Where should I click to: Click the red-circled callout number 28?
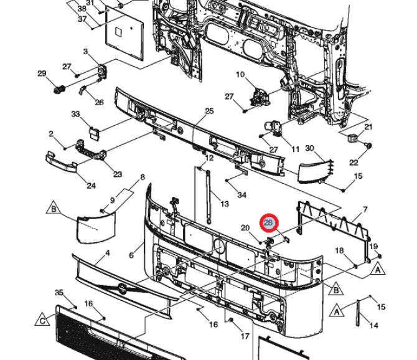click(x=269, y=222)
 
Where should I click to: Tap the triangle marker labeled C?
click(x=42, y=320)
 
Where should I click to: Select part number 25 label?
click(x=210, y=111)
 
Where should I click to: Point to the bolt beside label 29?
click(x=59, y=90)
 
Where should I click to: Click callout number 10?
click(x=240, y=75)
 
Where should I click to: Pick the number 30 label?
click(x=309, y=148)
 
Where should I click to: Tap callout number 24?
click(x=91, y=186)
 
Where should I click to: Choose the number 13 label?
click(x=225, y=204)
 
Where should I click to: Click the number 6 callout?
click(x=131, y=255)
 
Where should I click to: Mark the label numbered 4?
click(x=108, y=253)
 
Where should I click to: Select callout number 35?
click(x=59, y=293)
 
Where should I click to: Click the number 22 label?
click(x=354, y=162)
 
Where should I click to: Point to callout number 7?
click(x=365, y=210)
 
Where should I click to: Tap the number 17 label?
click(x=245, y=336)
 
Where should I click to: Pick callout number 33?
click(x=75, y=114)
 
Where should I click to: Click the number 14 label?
click(x=374, y=325)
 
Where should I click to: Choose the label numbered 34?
click(x=241, y=195)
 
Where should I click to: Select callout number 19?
click(x=373, y=247)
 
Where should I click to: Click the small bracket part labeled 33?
click(x=93, y=133)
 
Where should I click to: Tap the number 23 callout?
click(x=118, y=174)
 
